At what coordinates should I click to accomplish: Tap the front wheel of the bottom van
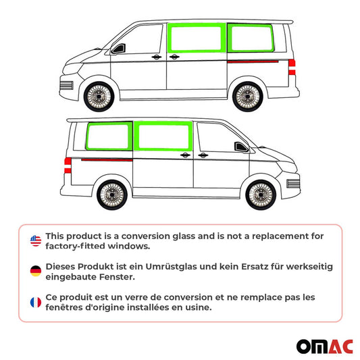click(261, 195)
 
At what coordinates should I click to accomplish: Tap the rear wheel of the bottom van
click(112, 195)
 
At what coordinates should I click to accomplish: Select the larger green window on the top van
click(197, 36)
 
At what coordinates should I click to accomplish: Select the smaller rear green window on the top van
click(250, 36)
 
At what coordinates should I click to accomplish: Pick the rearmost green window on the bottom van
click(110, 136)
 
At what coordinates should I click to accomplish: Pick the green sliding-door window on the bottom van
click(163, 136)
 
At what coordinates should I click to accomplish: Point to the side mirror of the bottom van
click(240, 147)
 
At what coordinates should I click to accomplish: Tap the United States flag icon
click(35, 240)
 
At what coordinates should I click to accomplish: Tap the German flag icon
click(35, 272)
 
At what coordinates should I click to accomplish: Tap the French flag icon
click(35, 302)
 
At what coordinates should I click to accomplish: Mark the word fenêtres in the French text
click(66, 307)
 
